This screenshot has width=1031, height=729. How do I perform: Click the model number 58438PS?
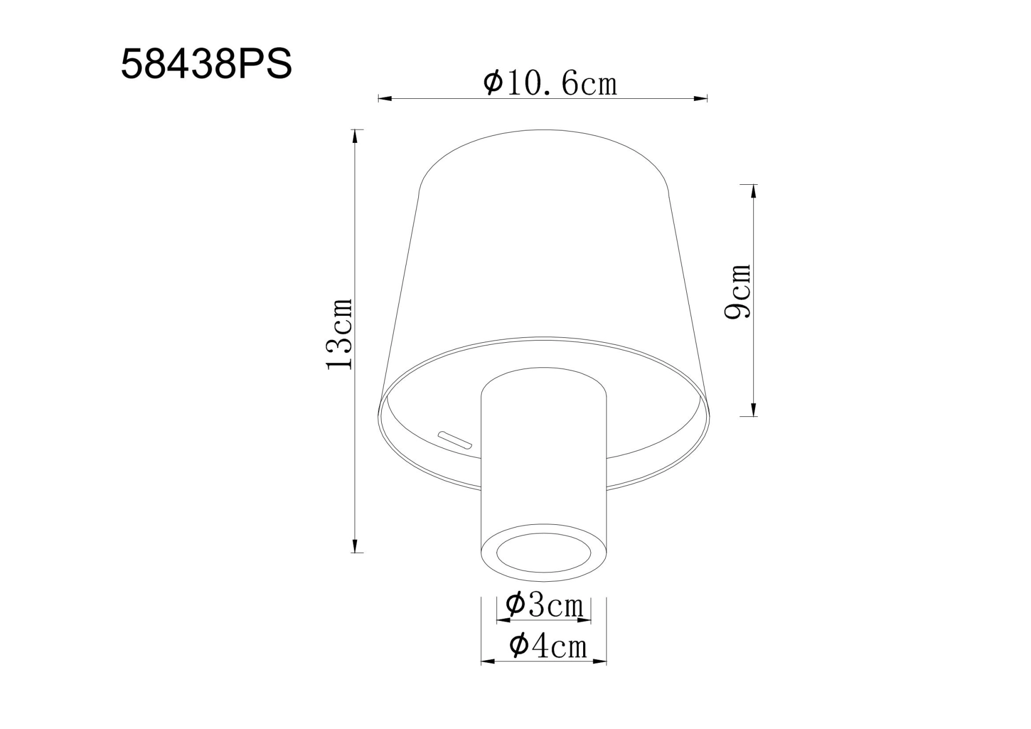206,64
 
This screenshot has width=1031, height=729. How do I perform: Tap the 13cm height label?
339,334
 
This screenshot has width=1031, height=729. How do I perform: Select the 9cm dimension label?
738,292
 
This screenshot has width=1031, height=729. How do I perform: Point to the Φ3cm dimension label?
544,605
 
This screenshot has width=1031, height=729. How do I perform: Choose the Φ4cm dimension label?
548,646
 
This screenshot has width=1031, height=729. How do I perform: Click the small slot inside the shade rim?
455,440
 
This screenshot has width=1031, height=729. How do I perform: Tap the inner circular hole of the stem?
543,553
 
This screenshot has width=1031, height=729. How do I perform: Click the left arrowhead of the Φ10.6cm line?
384,98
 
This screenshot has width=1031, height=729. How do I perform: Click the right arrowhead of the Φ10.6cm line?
701,98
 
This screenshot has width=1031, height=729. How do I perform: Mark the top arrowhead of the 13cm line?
354,136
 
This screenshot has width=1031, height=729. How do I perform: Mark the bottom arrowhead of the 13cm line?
354,546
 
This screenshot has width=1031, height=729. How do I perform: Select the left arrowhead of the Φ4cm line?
487,661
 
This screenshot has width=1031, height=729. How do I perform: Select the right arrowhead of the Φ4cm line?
600,661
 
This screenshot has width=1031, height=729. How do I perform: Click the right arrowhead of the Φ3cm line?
585,620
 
